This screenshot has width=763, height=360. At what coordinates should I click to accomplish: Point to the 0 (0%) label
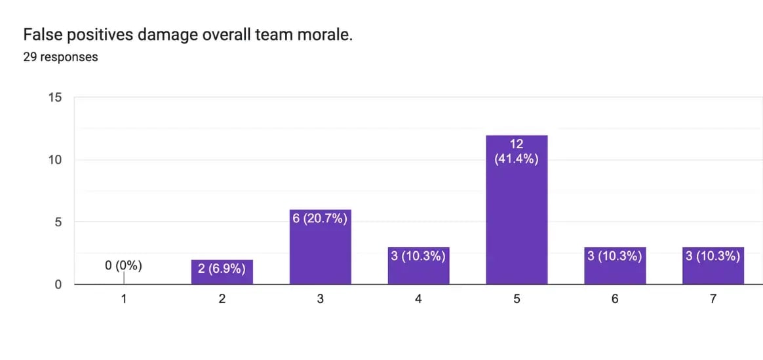click(x=123, y=266)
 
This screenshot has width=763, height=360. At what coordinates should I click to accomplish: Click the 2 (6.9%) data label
click(x=222, y=268)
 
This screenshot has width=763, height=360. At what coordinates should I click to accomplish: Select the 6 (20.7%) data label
click(x=320, y=218)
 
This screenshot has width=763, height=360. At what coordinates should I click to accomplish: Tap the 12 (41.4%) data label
click(x=517, y=151)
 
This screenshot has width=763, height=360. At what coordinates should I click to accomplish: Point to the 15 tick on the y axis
click(x=55, y=98)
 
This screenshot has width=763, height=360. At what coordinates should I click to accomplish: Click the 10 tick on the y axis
click(x=55, y=160)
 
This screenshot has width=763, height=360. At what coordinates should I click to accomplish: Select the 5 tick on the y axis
click(x=58, y=222)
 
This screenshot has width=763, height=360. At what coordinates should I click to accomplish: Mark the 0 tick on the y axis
click(x=58, y=285)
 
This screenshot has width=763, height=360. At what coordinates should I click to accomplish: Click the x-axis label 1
click(x=124, y=299)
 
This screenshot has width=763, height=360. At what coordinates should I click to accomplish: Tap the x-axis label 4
click(x=418, y=299)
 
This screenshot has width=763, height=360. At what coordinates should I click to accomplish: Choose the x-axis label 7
click(x=713, y=299)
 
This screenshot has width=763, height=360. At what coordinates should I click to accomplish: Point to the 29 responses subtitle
click(x=60, y=57)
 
